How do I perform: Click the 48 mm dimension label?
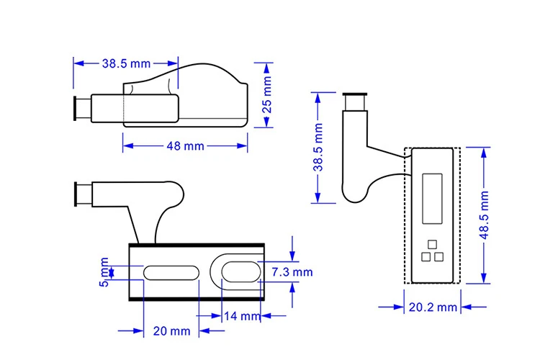click(185, 146)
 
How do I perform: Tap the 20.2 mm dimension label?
click(433, 307)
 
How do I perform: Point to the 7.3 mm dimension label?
click(292, 271)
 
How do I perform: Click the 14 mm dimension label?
click(241, 316)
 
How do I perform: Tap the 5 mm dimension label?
click(105, 272)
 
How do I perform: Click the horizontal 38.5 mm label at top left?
click(125, 63)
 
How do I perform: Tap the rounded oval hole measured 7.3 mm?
click(238, 271)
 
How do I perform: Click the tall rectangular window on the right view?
click(431, 195)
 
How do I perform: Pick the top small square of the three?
click(431, 243)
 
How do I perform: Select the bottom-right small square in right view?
click(438, 256)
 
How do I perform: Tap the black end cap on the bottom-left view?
click(76, 194)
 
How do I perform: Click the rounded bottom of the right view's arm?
click(353, 193)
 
